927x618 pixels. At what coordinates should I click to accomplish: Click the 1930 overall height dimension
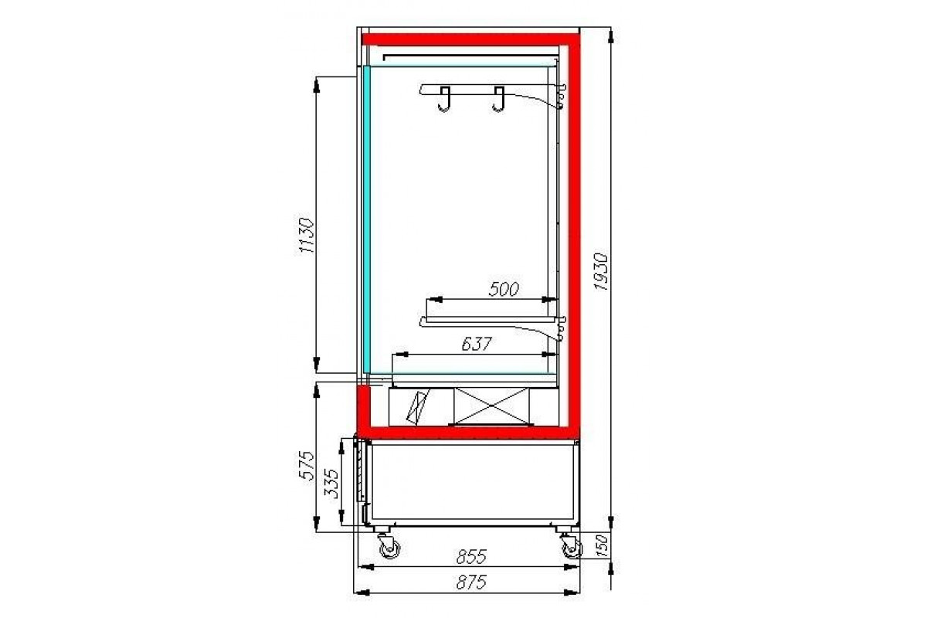(x=601, y=272)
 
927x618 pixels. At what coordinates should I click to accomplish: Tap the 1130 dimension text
(x=307, y=235)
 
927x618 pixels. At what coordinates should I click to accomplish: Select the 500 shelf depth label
(x=503, y=290)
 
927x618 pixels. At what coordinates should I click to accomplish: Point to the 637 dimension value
(x=477, y=344)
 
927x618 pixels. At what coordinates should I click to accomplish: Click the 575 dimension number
(x=307, y=465)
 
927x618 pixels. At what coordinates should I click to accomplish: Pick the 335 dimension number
(x=331, y=483)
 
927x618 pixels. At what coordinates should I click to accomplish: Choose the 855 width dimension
(x=471, y=557)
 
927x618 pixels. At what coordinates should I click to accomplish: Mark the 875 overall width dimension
(x=471, y=582)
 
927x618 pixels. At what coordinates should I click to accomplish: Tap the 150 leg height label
(x=602, y=545)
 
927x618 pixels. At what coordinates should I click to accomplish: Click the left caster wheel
(x=389, y=547)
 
